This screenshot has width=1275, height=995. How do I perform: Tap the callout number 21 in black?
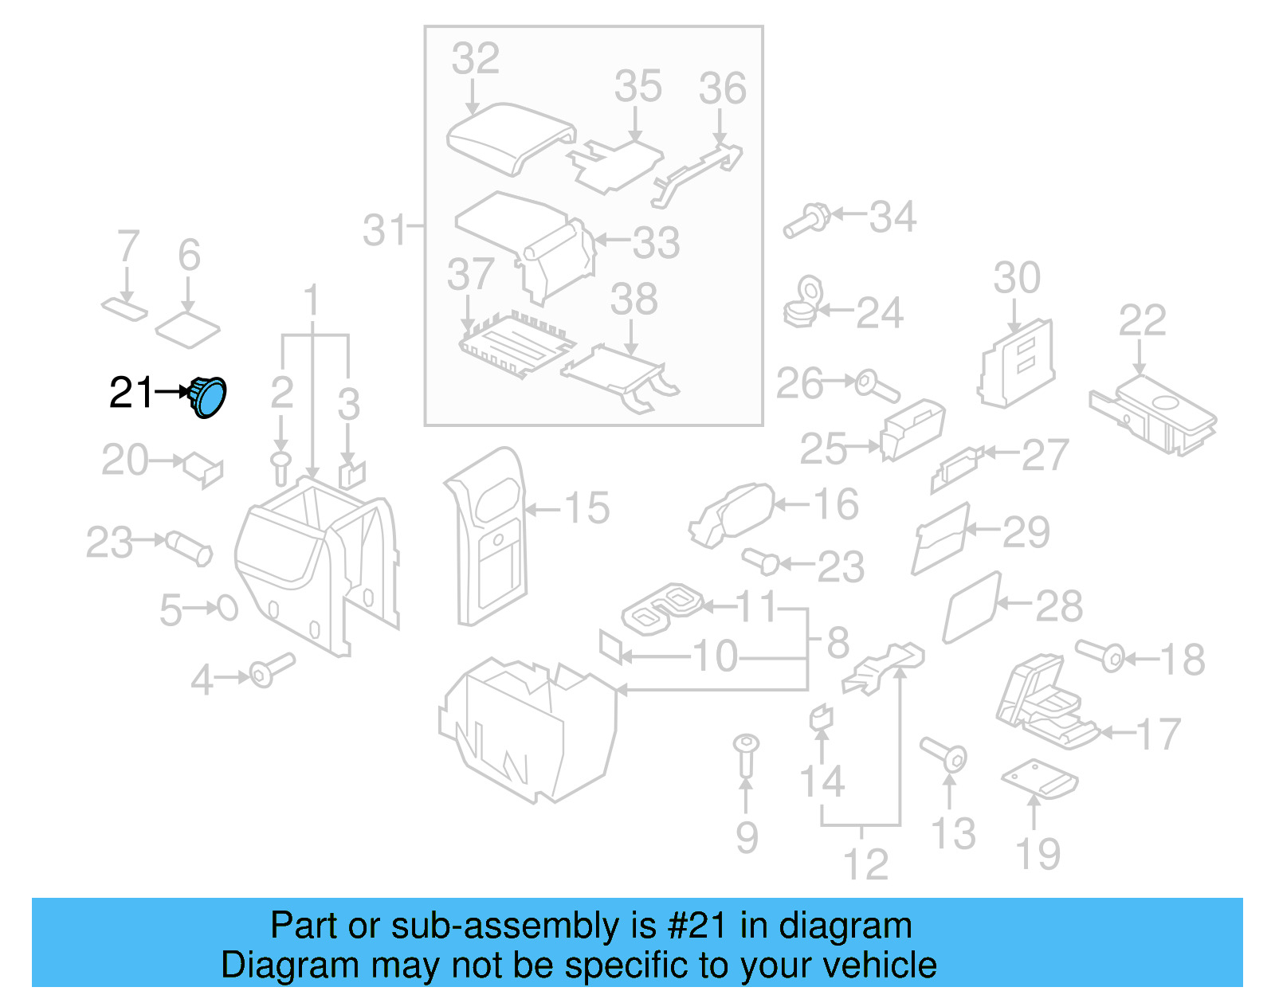point(131,393)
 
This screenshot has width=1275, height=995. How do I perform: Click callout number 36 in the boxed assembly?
point(722,88)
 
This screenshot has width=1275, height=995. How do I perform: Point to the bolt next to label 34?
point(806,221)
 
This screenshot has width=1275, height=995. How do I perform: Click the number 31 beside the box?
point(386,230)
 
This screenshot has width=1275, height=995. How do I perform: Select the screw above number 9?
point(746,754)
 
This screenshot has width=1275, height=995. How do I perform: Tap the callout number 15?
point(587,508)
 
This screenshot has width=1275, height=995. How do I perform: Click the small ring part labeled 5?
point(228,608)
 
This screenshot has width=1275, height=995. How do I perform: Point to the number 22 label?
point(1142,320)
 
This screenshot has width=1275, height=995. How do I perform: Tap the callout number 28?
point(1058,606)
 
